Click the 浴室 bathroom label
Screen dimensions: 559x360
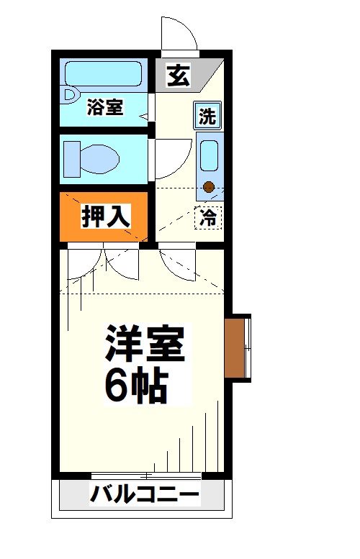105,109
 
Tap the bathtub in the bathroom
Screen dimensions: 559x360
104,74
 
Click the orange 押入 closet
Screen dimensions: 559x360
104,216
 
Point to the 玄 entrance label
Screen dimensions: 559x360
178,76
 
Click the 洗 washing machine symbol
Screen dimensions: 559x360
207,116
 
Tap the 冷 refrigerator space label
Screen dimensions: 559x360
208,217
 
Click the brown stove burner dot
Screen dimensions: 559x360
209,188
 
